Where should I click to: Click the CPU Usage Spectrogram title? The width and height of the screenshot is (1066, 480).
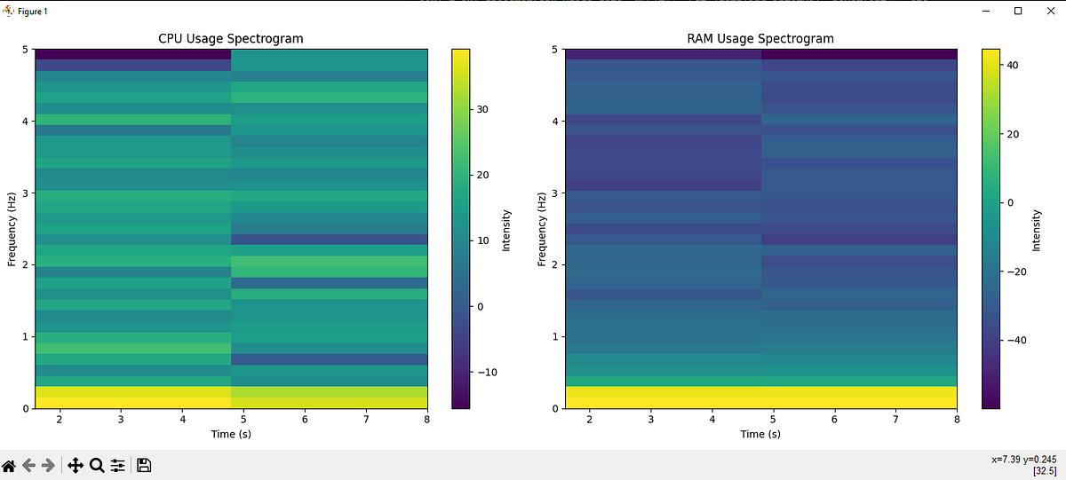point(230,38)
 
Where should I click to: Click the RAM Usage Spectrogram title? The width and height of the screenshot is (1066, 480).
point(760,38)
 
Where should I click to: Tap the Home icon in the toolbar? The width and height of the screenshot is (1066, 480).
point(9,465)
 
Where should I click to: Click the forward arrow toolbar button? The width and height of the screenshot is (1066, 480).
point(49,465)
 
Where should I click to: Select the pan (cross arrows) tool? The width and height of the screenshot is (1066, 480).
point(76,465)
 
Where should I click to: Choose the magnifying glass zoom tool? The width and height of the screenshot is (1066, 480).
point(97,465)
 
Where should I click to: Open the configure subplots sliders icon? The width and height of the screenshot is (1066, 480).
point(118,465)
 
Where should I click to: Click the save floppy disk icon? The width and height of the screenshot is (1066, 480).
point(144,465)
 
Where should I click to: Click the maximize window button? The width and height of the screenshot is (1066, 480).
point(1018,11)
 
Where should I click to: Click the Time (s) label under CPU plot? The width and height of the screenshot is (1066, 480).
point(230,434)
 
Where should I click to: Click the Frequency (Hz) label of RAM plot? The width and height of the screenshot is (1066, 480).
point(542,228)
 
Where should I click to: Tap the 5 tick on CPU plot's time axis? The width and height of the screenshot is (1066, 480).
point(243,419)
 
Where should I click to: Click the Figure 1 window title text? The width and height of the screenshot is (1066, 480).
point(33,11)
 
